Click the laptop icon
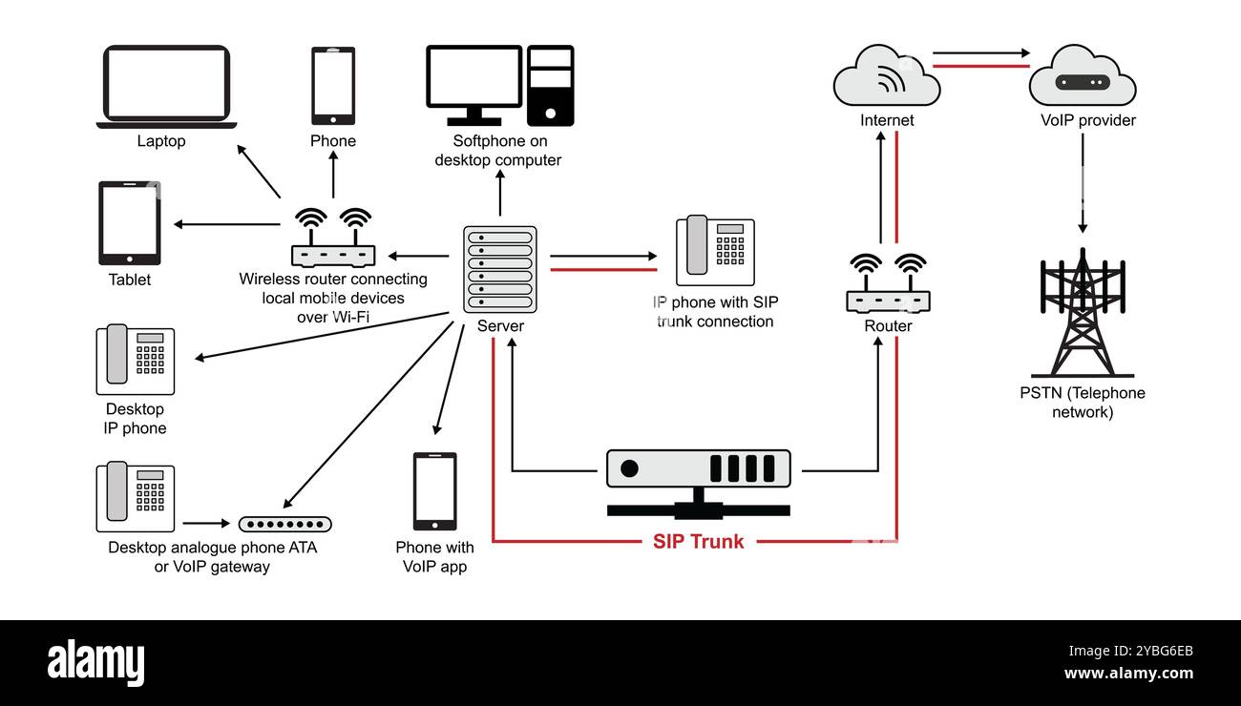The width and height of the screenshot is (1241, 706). point(166,86)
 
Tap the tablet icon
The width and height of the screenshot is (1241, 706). point(129,223)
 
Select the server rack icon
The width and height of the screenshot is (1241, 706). point(499,269)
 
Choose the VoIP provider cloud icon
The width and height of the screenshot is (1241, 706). point(1082,76)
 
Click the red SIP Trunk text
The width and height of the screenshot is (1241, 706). point(698,541)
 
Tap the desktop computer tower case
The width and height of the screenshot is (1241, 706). point(551,86)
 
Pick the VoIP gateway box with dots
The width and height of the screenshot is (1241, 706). point(284,524)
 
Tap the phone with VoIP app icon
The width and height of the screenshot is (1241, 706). point(434,491)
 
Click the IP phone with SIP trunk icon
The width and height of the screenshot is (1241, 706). point(715,251)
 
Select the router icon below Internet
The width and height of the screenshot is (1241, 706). point(888,285)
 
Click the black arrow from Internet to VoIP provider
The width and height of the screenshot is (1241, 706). point(980,53)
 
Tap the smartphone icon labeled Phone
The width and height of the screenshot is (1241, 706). point(333,86)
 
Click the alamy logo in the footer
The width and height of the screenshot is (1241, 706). point(95,661)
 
